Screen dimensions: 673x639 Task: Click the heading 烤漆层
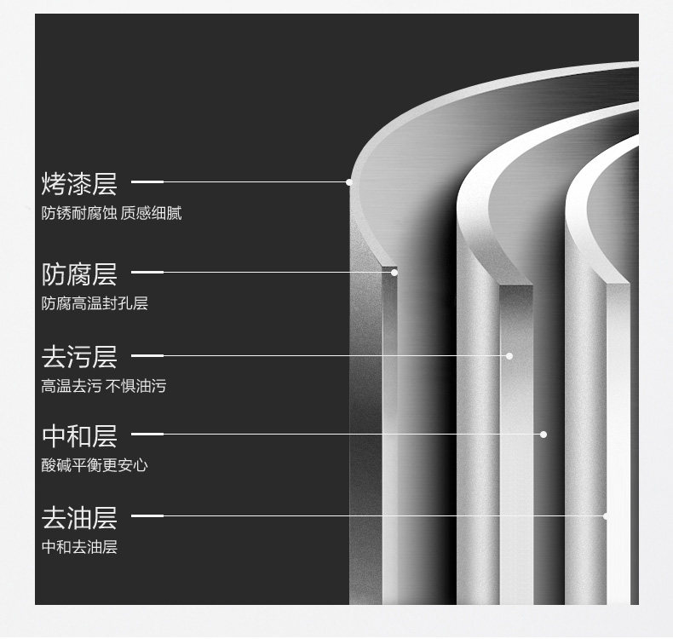(79, 183)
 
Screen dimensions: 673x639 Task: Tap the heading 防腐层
(79, 274)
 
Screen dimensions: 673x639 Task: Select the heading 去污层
(79, 356)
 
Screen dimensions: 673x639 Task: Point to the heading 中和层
(79, 436)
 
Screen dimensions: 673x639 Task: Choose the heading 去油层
(79, 517)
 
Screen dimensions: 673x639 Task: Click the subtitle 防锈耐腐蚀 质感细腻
(112, 213)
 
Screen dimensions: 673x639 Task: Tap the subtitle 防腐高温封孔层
(95, 303)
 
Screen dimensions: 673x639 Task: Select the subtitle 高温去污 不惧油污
(104, 386)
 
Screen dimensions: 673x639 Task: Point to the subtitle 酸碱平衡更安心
(95, 465)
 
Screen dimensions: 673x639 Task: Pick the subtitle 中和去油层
(79, 547)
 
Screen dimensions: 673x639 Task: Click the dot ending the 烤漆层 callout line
(349, 181)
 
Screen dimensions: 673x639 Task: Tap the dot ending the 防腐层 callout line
(394, 273)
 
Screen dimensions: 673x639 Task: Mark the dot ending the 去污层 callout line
(509, 355)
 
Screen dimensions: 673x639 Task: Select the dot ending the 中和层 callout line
(544, 435)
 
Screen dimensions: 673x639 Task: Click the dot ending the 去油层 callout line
(606, 515)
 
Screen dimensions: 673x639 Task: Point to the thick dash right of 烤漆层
(147, 181)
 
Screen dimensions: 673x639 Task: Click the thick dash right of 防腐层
(147, 273)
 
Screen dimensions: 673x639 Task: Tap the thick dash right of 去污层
(147, 355)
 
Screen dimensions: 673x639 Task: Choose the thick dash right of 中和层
(147, 435)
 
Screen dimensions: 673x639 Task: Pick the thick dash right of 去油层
(147, 515)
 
